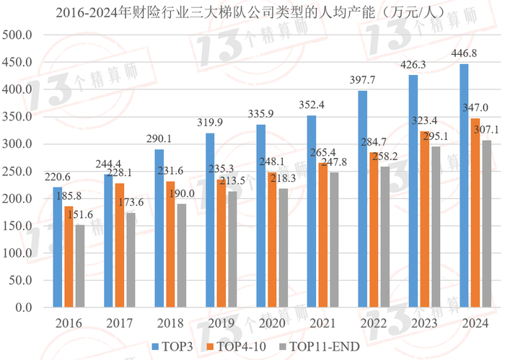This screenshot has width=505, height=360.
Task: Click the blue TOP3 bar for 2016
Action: pos(58,247)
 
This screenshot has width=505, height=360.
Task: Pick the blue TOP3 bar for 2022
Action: pos(362,199)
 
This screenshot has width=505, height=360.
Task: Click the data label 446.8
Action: pos(464,53)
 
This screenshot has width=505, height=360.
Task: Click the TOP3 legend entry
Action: pos(172,346)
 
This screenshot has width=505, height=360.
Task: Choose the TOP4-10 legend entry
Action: pos(238,346)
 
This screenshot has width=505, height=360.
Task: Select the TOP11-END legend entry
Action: pos(321,346)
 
